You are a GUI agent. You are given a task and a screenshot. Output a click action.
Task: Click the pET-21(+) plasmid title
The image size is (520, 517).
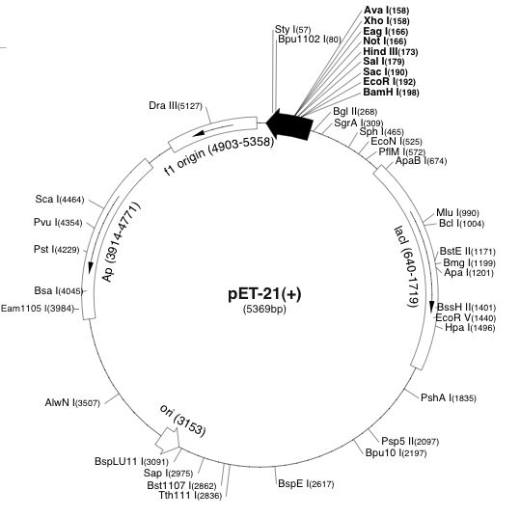[x=264, y=293]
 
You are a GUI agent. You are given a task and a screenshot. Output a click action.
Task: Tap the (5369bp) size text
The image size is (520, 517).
[x=264, y=309]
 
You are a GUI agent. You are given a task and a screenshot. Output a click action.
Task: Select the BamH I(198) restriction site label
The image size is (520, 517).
[x=391, y=92]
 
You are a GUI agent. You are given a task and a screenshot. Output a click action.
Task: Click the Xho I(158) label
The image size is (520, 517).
[x=386, y=20]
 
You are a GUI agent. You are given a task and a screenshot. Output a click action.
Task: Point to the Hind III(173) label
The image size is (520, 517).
[x=391, y=51]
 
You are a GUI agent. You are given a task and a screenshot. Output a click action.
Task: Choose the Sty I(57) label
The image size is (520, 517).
[x=293, y=29]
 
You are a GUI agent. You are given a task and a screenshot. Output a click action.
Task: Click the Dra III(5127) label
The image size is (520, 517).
[x=176, y=105]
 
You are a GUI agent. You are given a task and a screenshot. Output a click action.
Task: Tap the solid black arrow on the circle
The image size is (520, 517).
[x=289, y=124]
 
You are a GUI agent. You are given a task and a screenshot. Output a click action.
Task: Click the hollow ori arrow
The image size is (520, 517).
[x=167, y=440]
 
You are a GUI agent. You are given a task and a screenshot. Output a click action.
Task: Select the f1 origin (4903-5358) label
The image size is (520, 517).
[x=220, y=155]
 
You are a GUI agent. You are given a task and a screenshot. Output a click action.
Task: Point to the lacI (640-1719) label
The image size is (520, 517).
[x=406, y=267]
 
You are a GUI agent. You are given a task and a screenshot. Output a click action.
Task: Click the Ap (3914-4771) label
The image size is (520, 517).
[x=121, y=242]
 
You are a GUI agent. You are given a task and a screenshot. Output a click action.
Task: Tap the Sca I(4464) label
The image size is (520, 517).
[x=60, y=199]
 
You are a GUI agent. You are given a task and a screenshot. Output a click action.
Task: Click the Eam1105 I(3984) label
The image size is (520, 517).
[x=38, y=309]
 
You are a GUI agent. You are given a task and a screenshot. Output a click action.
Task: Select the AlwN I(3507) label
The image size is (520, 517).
[x=72, y=402]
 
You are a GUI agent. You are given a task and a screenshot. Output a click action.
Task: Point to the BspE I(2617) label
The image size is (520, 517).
[x=306, y=483]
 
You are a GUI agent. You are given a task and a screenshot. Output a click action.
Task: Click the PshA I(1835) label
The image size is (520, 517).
[x=449, y=397]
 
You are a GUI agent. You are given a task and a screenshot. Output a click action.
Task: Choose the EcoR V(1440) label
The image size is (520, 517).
[x=466, y=317]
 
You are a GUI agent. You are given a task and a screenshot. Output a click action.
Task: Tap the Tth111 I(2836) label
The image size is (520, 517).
[x=190, y=495]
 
